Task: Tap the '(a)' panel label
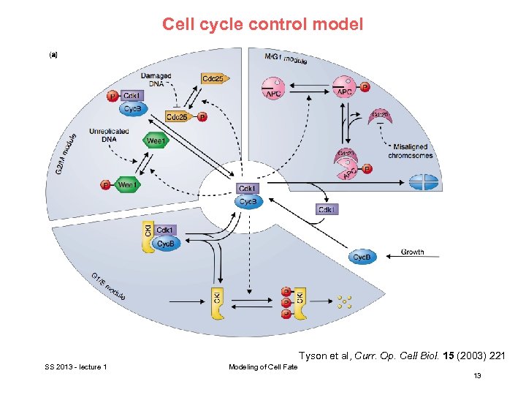(53, 53)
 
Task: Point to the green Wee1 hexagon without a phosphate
(156, 140)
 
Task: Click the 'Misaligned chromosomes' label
(411, 151)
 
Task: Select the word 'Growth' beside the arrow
(412, 252)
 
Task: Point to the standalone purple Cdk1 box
(327, 210)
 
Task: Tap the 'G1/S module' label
(108, 286)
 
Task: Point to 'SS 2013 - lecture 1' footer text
(75, 366)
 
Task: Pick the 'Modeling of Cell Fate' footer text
(263, 366)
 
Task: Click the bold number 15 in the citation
(440, 356)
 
